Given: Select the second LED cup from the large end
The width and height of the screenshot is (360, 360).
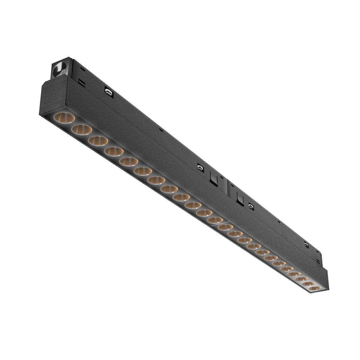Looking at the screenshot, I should pyautogui.click(x=81, y=129).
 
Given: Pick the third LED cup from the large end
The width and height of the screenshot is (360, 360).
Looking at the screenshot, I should pyautogui.click(x=98, y=140).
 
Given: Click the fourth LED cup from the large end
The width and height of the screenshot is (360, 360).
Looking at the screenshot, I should pyautogui.click(x=114, y=151).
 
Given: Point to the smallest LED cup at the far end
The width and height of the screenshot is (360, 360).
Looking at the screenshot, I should pyautogui.click(x=313, y=288).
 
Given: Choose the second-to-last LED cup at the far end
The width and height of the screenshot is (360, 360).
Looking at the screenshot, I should pyautogui.click(x=308, y=283).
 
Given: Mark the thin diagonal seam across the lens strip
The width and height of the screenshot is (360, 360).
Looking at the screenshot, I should pyautogui.click(x=222, y=223).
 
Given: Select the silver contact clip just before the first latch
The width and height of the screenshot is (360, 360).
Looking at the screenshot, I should pyautogui.click(x=200, y=167).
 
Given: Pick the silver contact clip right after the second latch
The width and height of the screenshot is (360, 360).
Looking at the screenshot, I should pyautogui.click(x=250, y=206).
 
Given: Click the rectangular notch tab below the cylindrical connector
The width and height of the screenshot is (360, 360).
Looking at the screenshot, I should pyautogui.click(x=80, y=82).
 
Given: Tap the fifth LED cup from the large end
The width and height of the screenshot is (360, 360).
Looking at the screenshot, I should pyautogui.click(x=128, y=161).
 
